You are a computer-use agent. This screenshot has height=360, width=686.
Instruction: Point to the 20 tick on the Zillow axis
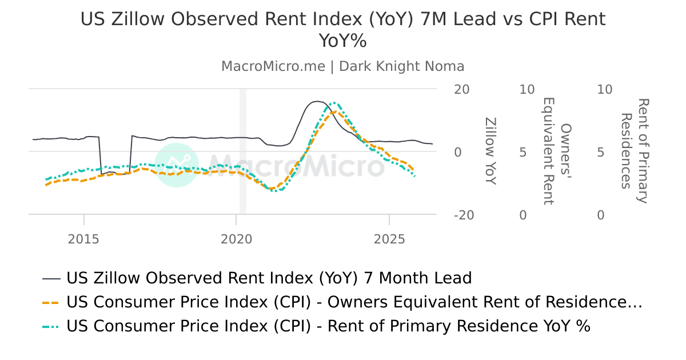click(462, 90)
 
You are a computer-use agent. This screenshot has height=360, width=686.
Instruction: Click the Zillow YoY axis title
click(490, 151)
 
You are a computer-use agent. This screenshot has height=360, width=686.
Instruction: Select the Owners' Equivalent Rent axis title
click(556, 151)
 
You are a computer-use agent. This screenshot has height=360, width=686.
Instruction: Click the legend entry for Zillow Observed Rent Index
click(269, 278)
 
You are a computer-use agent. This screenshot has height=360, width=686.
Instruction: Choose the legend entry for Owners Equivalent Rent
click(354, 302)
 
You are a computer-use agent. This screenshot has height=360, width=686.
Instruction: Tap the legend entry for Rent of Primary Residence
click(328, 326)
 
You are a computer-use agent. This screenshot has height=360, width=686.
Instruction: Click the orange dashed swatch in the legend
click(51, 302)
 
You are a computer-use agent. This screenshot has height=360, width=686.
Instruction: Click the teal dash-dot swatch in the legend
click(51, 326)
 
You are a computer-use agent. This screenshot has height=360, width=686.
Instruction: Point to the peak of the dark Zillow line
click(318, 101)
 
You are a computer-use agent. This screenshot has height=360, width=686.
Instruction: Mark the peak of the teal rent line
click(335, 103)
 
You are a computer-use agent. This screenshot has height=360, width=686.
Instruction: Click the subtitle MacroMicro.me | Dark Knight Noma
click(342, 66)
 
